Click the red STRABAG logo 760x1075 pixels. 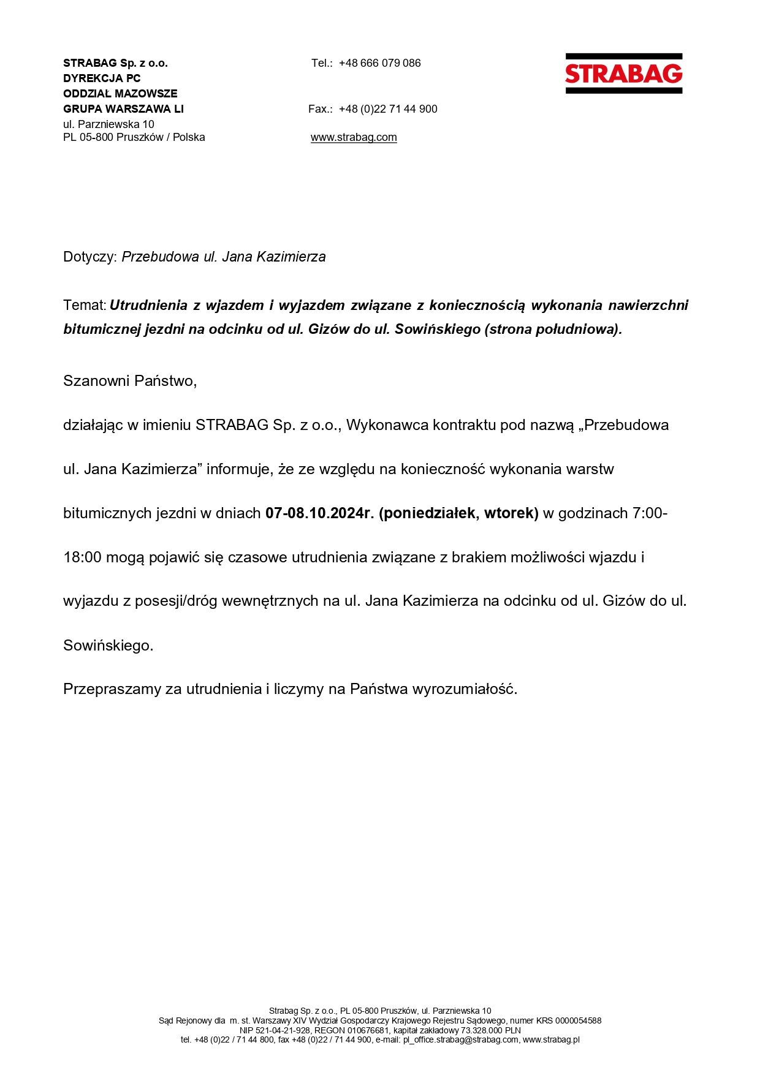[x=623, y=74]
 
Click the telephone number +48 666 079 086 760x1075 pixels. [x=379, y=63]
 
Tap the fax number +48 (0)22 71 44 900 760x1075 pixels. [x=388, y=109]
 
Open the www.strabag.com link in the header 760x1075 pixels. [x=354, y=137]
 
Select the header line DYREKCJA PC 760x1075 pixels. [x=102, y=78]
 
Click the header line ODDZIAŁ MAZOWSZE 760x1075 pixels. [x=120, y=94]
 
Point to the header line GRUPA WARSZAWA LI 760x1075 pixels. [x=123, y=109]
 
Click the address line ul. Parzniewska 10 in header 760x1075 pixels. [x=108, y=124]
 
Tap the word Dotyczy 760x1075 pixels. [x=89, y=257]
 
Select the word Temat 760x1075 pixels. [x=84, y=305]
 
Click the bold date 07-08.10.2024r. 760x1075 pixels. [x=319, y=513]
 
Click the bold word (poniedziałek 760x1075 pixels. [x=428, y=513]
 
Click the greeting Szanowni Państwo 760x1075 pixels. [x=129, y=381]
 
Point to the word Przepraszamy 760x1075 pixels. [x=112, y=689]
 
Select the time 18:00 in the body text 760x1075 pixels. [x=82, y=557]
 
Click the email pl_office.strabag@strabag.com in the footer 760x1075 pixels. [x=461, y=1039]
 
